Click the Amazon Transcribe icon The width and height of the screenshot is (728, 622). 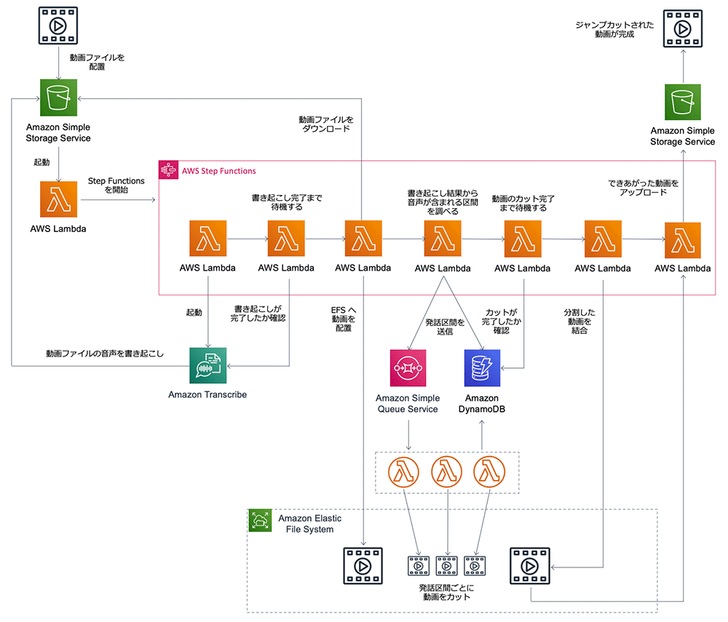point(207,365)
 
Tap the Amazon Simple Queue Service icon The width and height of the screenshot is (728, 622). point(408,368)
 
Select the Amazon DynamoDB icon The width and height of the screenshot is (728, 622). point(482,368)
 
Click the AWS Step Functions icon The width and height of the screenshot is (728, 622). point(168,170)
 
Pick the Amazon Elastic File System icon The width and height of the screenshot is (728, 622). point(260,520)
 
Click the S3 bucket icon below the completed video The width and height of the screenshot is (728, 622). point(683,102)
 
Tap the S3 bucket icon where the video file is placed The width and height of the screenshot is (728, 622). point(58,97)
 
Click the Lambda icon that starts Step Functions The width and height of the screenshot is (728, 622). point(58,199)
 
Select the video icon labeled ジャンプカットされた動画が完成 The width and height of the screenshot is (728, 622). point(683,29)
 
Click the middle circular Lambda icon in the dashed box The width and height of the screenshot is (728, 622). point(447,472)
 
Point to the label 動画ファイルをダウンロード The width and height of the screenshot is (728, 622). point(326,124)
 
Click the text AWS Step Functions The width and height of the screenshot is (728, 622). point(218,171)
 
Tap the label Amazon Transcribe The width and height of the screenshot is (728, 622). point(207,395)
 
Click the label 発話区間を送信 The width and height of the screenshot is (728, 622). point(445,327)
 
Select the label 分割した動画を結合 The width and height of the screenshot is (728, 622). point(579,322)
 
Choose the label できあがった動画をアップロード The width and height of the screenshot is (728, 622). point(644,188)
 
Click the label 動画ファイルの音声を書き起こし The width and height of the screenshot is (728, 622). point(105,354)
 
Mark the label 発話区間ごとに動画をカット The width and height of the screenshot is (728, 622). point(446,592)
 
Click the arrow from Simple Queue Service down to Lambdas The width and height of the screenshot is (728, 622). point(408,435)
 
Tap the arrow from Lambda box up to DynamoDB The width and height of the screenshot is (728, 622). point(482,435)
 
